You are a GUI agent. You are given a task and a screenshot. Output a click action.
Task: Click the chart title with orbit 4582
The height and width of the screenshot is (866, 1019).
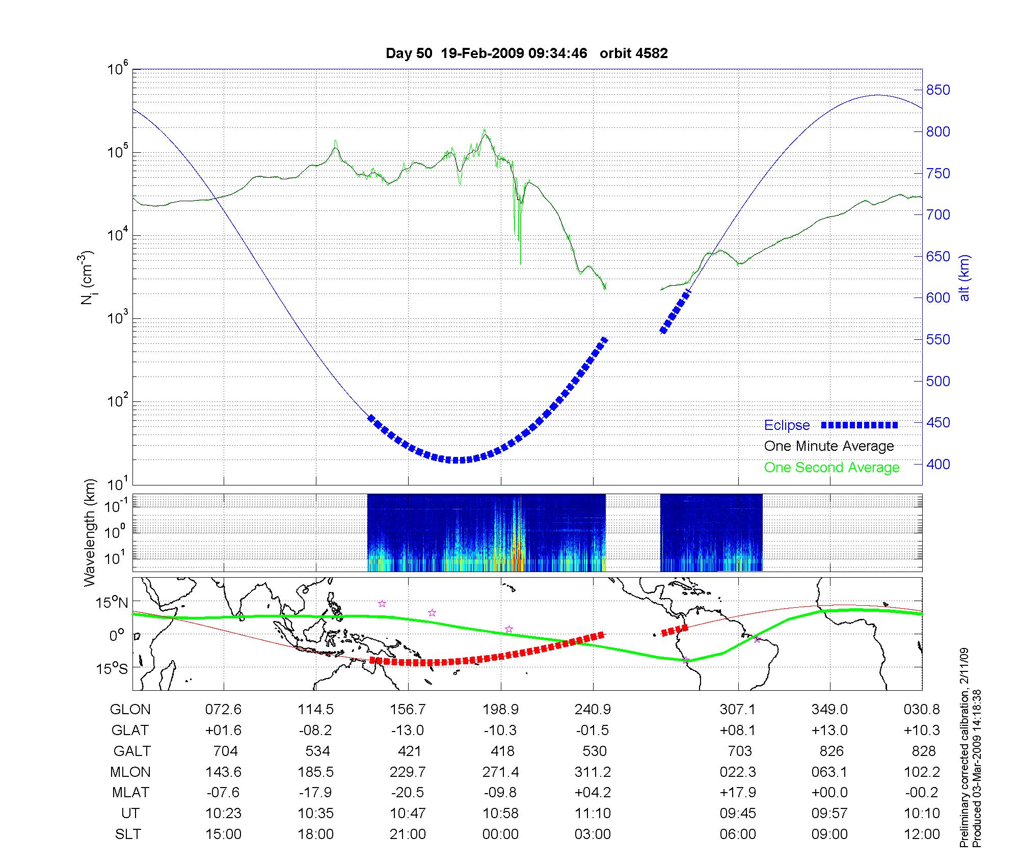point(526,53)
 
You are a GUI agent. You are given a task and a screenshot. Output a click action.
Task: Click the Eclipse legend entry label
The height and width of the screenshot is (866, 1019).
point(787,425)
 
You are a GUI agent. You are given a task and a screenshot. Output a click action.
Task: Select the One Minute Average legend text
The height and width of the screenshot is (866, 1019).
point(829,446)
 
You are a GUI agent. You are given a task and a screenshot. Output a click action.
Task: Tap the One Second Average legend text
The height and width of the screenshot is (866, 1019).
point(832,468)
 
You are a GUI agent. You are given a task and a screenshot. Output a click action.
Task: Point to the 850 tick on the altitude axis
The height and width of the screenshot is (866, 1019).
point(938,90)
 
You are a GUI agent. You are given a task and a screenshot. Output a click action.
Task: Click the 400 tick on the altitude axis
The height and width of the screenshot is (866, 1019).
point(938,464)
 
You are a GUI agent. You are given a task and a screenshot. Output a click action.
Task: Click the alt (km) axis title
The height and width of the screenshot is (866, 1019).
point(964,278)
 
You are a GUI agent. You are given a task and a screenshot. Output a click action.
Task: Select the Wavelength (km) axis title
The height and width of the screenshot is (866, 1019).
point(90,532)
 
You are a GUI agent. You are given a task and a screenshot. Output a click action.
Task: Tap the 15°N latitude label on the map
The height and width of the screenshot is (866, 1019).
point(112,603)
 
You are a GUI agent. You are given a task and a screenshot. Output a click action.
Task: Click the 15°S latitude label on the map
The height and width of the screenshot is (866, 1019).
point(112,668)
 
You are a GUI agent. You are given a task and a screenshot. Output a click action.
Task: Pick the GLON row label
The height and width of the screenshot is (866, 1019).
point(130,710)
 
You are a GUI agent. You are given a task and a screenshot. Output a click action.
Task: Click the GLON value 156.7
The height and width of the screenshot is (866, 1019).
point(408,710)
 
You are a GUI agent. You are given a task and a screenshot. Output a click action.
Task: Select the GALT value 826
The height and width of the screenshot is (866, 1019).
point(831,751)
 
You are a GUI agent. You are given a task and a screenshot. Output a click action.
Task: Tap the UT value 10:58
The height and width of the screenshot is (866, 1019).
point(501,814)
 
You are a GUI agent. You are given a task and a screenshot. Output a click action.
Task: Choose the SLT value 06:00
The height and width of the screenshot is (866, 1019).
point(738,834)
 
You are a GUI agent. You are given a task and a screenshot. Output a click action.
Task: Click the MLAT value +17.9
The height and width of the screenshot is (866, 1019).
point(738,793)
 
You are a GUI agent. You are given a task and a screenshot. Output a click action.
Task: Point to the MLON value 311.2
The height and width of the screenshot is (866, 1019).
point(593,772)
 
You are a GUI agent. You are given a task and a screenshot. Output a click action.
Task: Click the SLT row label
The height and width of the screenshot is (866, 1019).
point(128,834)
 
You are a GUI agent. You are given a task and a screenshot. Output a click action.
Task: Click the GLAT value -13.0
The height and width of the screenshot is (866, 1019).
point(408,730)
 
